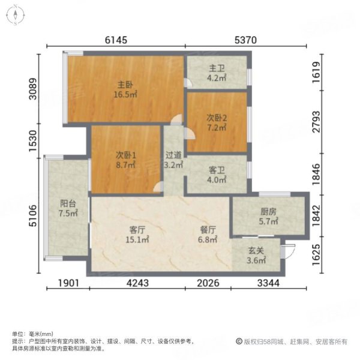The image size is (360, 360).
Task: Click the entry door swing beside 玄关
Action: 289,252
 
